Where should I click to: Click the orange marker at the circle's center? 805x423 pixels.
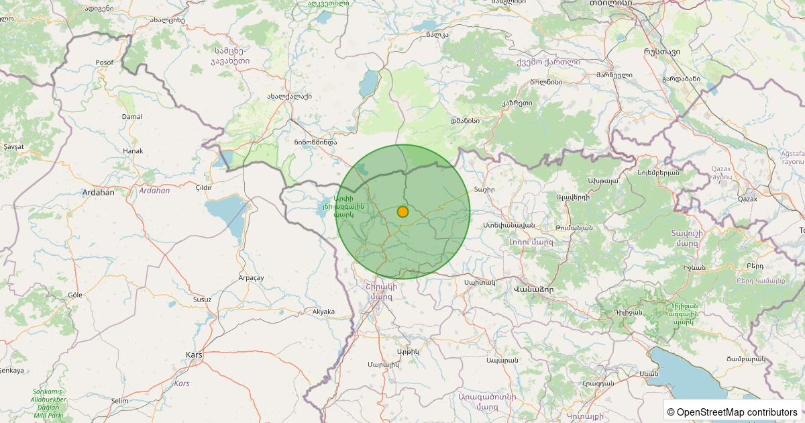(402, 211)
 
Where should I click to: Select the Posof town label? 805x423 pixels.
(105, 62)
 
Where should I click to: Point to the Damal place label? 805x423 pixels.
(131, 116)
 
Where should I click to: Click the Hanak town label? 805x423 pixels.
(133, 151)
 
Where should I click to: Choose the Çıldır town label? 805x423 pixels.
(203, 187)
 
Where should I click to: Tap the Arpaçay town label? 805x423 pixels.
(252, 277)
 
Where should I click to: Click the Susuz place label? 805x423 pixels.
(202, 299)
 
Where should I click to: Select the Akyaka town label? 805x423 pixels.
(323, 311)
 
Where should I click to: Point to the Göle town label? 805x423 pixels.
(74, 295)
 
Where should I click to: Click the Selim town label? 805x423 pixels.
(119, 401)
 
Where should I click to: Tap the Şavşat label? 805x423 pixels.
(13, 146)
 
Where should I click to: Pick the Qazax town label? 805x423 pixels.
(747, 199)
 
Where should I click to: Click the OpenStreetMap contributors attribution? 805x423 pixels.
(733, 412)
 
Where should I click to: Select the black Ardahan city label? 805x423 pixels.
(98, 192)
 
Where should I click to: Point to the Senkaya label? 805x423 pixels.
(11, 370)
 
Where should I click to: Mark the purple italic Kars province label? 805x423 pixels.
(182, 383)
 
